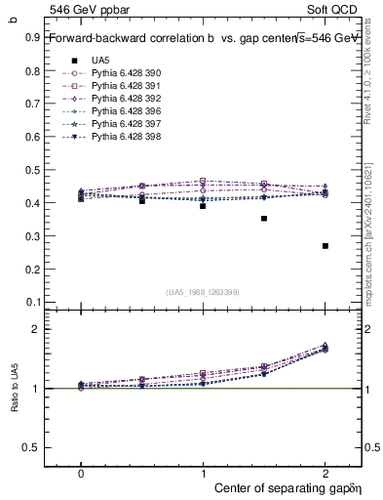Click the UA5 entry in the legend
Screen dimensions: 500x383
[99, 61]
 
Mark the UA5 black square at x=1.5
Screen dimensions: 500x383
[264, 219]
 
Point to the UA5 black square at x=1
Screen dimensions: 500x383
[203, 206]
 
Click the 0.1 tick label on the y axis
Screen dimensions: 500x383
[32, 302]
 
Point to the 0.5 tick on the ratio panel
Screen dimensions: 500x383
[32, 447]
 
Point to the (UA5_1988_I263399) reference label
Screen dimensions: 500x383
[203, 292]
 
